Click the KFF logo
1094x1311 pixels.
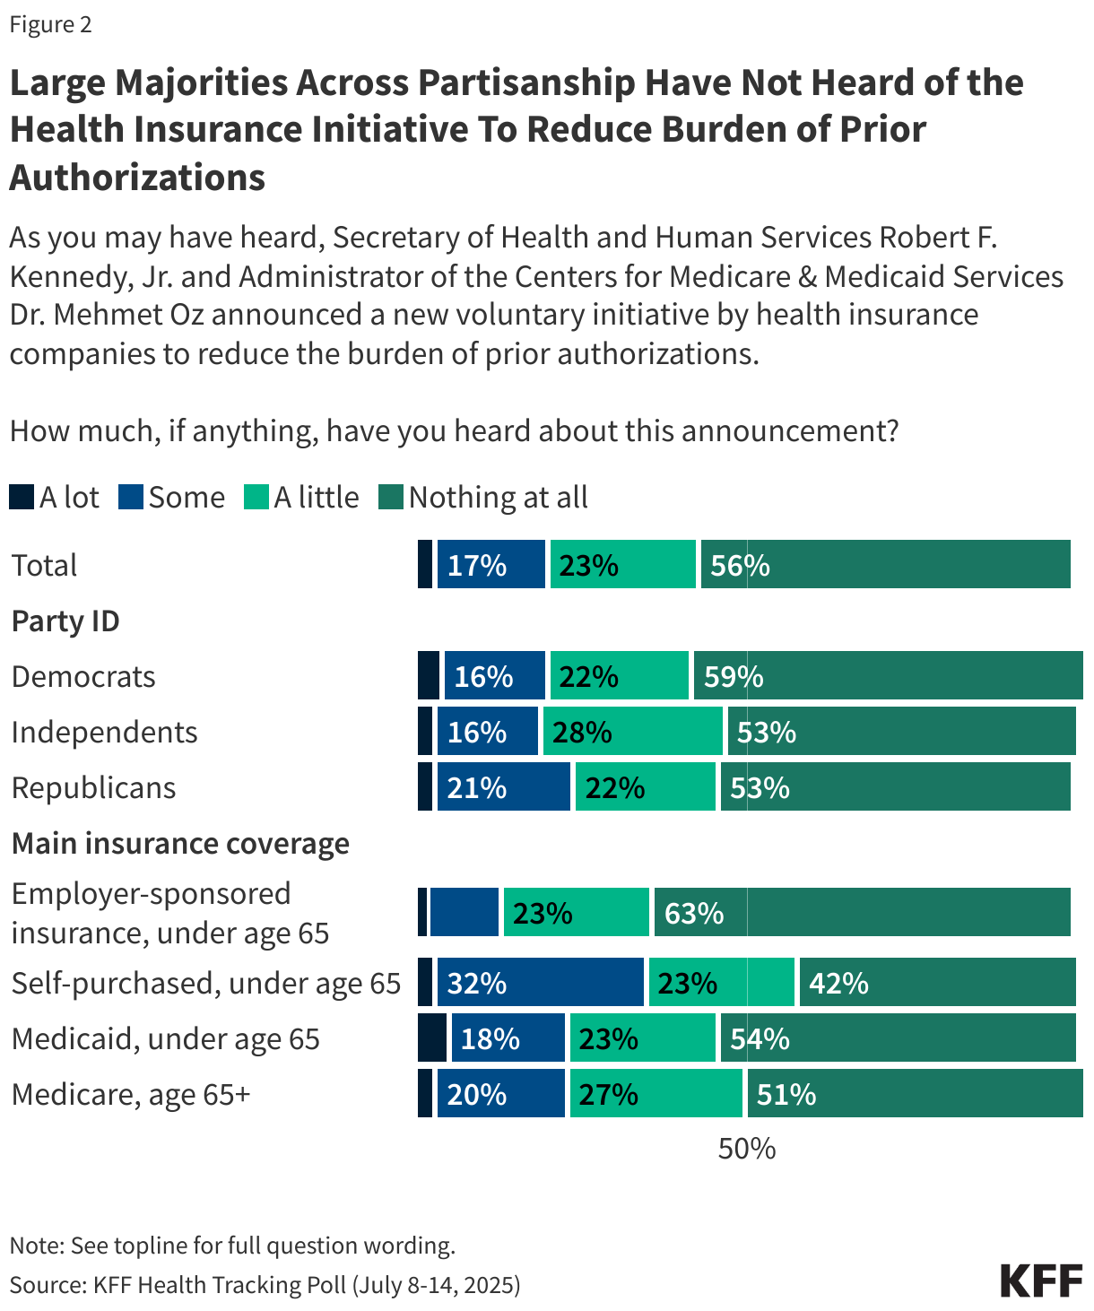tap(1041, 1281)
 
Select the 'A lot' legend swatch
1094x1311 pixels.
tap(22, 497)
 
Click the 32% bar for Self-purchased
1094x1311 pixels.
tap(540, 983)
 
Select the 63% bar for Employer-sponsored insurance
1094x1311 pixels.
tap(862, 913)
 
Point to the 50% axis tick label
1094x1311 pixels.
tap(746, 1149)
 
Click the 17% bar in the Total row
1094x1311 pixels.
tap(491, 565)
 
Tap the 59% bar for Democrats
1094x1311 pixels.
tap(888, 676)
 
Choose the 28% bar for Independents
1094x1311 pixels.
tap(632, 732)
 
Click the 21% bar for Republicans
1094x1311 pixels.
tap(503, 787)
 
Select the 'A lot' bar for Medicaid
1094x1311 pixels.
tap(432, 1038)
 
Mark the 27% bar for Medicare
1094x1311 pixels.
tap(656, 1094)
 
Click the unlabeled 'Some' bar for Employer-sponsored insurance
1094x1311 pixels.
tap(464, 913)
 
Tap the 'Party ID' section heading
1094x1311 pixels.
tap(65, 621)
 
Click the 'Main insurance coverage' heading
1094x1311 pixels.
tap(180, 843)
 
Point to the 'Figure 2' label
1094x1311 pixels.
tap(50, 24)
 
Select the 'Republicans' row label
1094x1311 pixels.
tap(93, 787)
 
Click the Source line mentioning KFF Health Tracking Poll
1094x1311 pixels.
tap(265, 1284)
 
